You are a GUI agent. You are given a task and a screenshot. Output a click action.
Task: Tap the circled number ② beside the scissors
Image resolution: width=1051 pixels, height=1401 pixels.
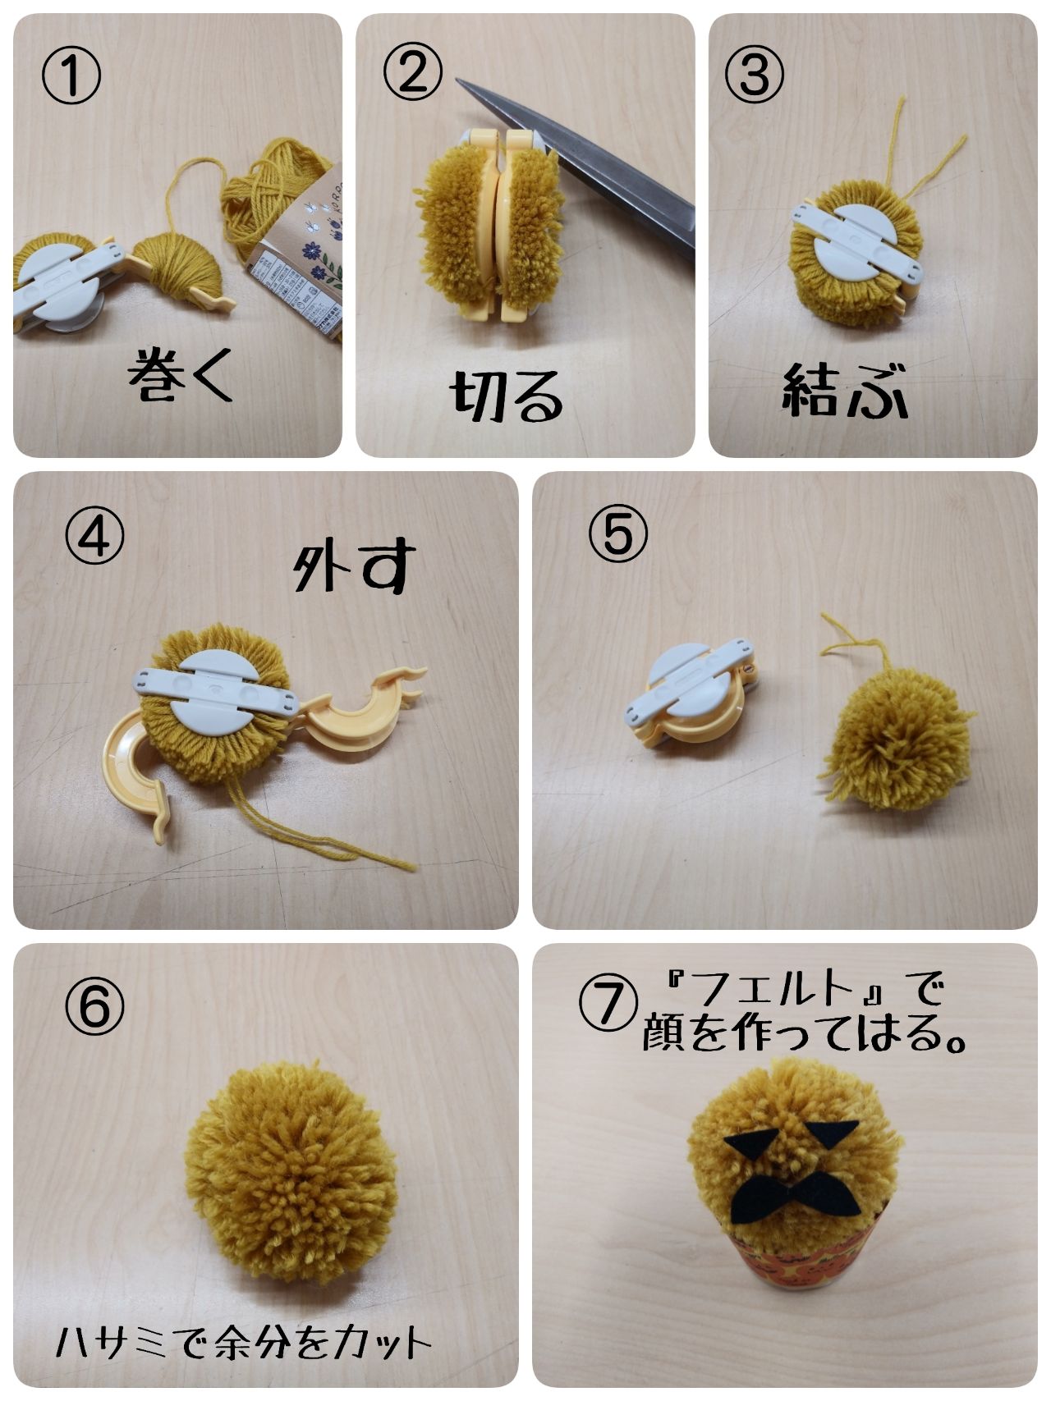click(413, 73)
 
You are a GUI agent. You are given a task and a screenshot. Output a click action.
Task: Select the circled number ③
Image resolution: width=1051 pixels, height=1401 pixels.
click(754, 73)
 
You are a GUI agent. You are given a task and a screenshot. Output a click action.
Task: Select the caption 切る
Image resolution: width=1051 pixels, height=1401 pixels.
click(507, 396)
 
